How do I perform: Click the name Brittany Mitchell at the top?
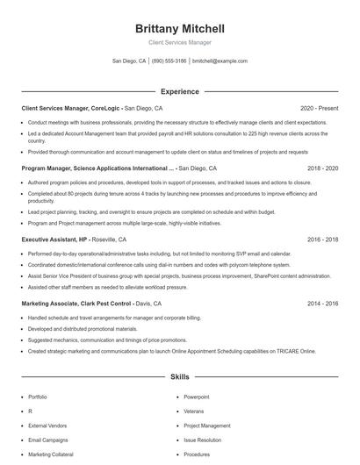[179, 28]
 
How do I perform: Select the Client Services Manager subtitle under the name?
[179, 42]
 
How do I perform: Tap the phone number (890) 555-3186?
[169, 61]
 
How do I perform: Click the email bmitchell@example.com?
[220, 61]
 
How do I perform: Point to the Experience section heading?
[179, 91]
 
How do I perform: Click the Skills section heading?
[179, 376]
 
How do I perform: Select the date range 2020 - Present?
[319, 108]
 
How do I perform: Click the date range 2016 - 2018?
[322, 239]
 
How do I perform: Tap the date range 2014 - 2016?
[322, 303]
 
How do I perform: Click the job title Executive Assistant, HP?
[54, 239]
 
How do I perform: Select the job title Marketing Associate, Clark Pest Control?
[76, 303]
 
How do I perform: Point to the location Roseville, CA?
[111, 239]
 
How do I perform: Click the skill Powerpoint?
[197, 397]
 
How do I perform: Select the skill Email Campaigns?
[47, 440]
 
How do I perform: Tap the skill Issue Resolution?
[203, 440]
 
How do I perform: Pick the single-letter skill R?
[31, 411]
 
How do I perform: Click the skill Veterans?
[194, 411]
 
